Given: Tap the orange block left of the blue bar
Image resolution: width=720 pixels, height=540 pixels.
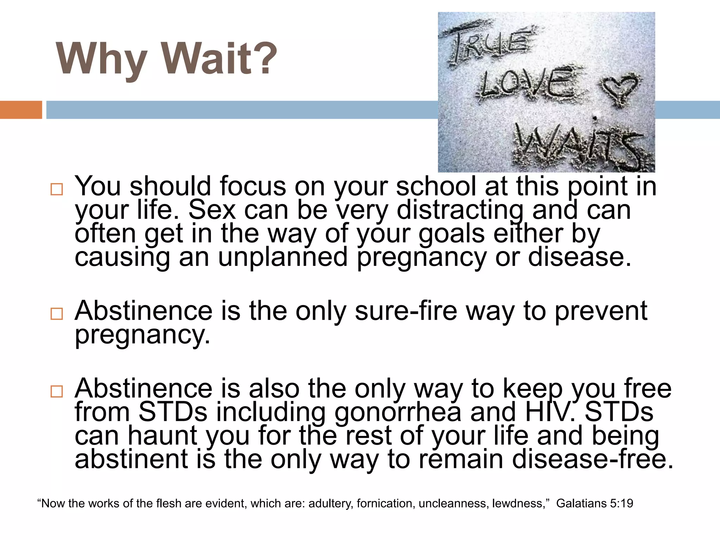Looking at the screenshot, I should (x=21, y=110).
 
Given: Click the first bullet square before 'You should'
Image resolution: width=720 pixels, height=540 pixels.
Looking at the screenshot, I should (x=57, y=189).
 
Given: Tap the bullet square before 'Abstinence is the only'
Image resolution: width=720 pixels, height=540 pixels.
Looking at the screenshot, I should (x=57, y=314).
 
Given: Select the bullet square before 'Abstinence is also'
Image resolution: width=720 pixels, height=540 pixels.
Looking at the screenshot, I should (x=57, y=391).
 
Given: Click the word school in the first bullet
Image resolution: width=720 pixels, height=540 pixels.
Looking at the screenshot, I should (x=436, y=186).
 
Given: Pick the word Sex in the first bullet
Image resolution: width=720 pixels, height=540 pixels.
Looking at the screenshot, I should (x=212, y=210).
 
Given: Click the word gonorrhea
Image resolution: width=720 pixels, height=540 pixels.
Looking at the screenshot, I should (x=397, y=412).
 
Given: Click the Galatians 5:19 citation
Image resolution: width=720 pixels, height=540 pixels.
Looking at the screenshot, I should (x=594, y=503).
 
